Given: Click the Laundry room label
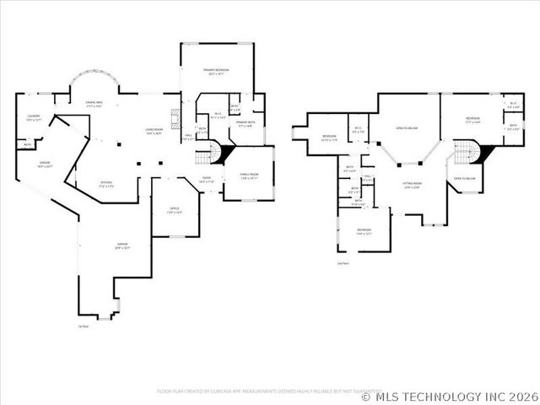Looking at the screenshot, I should [x=34, y=117].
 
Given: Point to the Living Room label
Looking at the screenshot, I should [x=154, y=131].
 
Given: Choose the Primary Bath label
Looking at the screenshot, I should [x=246, y=124].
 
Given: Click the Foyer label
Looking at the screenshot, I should [x=206, y=179].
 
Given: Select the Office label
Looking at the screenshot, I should [x=174, y=210].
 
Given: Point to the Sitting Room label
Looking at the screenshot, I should [x=412, y=185].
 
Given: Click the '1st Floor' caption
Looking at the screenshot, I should [x=82, y=326].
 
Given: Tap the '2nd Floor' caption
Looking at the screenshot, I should [x=341, y=264].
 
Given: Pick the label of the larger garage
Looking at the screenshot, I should [x=122, y=246].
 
